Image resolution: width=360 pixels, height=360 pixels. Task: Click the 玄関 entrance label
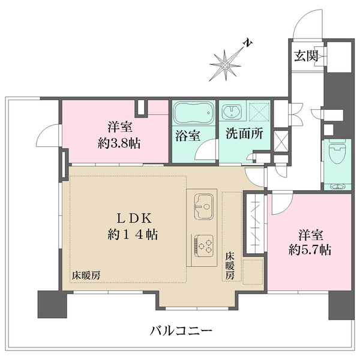pyautogui.click(x=306, y=56)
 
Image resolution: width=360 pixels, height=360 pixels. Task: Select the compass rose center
pyautogui.click(x=225, y=66)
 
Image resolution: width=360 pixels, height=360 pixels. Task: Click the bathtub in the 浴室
pyautogui.click(x=194, y=113)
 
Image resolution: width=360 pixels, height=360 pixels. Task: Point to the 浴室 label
pyautogui.click(x=188, y=135)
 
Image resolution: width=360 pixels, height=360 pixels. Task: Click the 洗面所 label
pyautogui.click(x=244, y=133)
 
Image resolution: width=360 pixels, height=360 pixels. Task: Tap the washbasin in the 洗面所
pyautogui.click(x=232, y=112)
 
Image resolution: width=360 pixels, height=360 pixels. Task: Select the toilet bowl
pyautogui.click(x=337, y=151)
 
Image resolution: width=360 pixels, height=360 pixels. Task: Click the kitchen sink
pyautogui.click(x=204, y=206)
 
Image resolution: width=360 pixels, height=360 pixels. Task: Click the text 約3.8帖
pyautogui.click(x=119, y=144)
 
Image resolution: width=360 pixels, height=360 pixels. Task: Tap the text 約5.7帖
pyautogui.click(x=310, y=250)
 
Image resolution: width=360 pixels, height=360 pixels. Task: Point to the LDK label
pyautogui.click(x=134, y=218)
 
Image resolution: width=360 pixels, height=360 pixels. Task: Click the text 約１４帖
pyautogui.click(x=133, y=235)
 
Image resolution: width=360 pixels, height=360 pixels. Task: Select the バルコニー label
pyautogui.click(x=181, y=331)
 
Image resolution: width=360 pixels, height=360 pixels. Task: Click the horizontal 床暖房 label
pyautogui.click(x=86, y=275)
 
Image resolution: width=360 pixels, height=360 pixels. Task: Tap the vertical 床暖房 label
pyautogui.click(x=230, y=266)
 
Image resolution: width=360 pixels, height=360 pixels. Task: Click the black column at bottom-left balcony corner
pyautogui.click(x=52, y=304)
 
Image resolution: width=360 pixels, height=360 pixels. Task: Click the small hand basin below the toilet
pyautogui.click(x=337, y=187)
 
